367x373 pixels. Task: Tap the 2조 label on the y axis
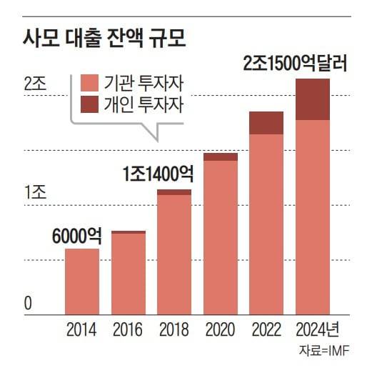click(x=34, y=83)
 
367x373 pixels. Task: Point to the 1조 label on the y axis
click(x=34, y=193)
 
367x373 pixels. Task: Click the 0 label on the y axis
click(x=29, y=303)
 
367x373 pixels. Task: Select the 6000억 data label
click(x=76, y=236)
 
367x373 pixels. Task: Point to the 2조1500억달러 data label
click(x=294, y=64)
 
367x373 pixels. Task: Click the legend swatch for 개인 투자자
click(x=91, y=106)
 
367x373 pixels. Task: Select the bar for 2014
click(x=81, y=282)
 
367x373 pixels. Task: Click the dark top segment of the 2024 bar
click(x=313, y=99)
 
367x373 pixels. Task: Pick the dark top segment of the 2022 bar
click(x=266, y=123)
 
